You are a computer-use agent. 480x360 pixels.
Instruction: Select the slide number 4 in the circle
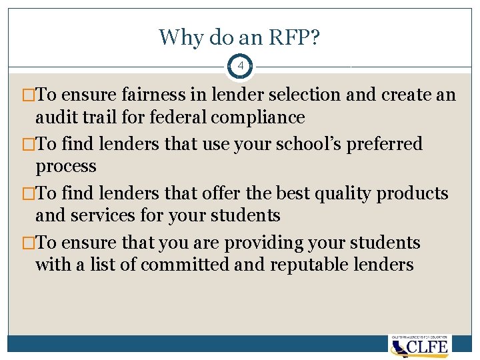(240, 67)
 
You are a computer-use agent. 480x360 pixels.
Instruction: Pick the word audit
(55, 117)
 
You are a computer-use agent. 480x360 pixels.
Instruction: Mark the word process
(66, 167)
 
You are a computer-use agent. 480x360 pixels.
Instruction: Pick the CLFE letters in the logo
(429, 347)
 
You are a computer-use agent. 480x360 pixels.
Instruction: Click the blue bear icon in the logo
(399, 347)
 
